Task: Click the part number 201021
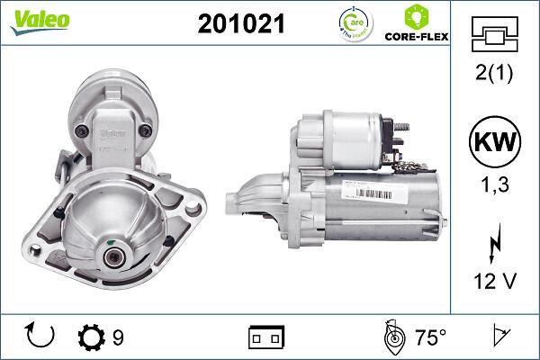coord(240,25)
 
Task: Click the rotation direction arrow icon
coord(41,337)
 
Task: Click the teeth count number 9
coord(118,338)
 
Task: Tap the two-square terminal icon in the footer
coord(265,338)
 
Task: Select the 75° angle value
coord(430,338)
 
